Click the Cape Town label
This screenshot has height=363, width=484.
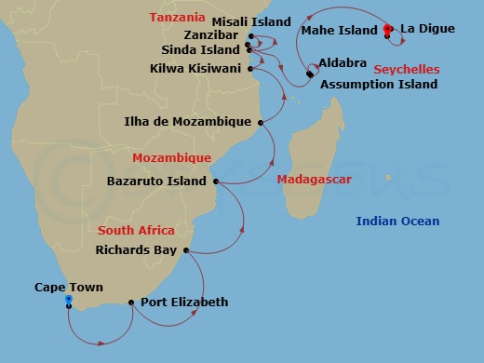(x=69, y=288)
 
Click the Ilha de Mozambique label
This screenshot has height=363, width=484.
(x=188, y=122)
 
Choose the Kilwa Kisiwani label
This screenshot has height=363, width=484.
(x=195, y=69)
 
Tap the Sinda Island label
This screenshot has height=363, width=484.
(x=201, y=50)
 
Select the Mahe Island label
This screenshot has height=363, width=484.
(x=339, y=31)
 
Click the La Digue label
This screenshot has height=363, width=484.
(x=427, y=29)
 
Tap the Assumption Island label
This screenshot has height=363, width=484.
(x=379, y=85)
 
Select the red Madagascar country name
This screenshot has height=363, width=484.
(x=315, y=180)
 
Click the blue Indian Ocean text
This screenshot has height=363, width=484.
(x=397, y=222)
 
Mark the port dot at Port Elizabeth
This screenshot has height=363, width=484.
(x=131, y=302)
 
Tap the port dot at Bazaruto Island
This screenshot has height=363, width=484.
(x=216, y=181)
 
